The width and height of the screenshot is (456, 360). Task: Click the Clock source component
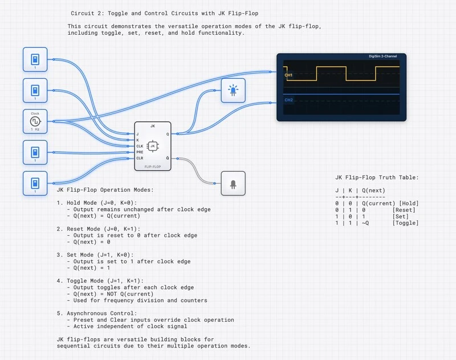tap(35, 121)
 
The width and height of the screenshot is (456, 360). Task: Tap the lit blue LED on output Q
tap(233, 90)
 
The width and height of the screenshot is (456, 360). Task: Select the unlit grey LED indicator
tap(233, 183)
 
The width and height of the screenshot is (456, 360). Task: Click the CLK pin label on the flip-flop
tap(140, 146)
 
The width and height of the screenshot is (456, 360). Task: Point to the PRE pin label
tap(140, 152)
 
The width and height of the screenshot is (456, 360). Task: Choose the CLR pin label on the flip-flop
tap(140, 158)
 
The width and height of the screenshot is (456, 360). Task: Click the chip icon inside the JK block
tap(153, 146)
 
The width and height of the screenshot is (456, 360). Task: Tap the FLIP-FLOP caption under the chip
tap(153, 167)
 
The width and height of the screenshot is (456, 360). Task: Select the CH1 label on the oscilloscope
tap(288, 75)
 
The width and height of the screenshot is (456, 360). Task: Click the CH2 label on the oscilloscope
tap(288, 100)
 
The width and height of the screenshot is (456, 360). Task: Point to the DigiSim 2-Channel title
tap(385, 56)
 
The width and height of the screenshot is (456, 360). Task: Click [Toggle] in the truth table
tap(405, 223)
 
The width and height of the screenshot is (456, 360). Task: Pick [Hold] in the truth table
tap(409, 204)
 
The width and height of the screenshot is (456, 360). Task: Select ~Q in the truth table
tap(365, 223)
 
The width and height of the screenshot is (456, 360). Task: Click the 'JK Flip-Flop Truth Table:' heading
tap(377, 177)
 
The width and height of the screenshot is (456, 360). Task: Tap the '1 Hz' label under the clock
tap(35, 130)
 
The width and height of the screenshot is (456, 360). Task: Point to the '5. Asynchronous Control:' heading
tap(97, 313)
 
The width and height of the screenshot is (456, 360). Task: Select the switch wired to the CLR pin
tap(35, 183)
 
